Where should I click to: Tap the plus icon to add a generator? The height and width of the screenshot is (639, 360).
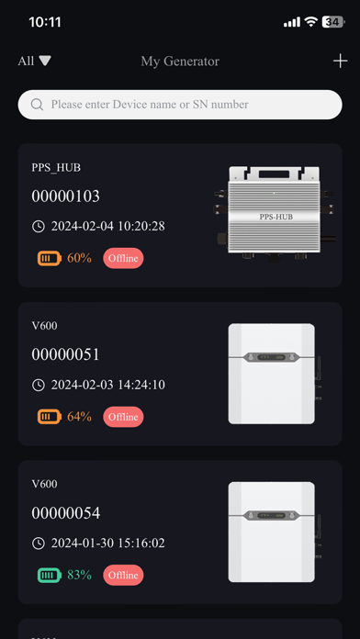tap(340, 62)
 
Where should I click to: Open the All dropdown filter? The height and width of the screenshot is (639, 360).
tap(34, 62)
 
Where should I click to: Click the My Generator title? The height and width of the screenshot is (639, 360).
tap(180, 62)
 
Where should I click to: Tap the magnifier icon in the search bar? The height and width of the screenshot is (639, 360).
tap(37, 105)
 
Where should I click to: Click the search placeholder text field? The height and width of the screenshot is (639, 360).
tap(150, 105)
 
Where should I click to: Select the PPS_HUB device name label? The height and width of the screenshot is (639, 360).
tap(56, 167)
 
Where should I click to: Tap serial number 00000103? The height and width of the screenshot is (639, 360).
tap(65, 196)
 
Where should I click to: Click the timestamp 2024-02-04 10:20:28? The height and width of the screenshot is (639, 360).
tap(107, 226)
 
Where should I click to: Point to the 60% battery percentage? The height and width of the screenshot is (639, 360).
tap(79, 258)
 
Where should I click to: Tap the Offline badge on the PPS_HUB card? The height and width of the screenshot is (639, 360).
tap(123, 258)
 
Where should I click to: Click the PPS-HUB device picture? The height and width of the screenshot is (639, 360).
tap(275, 214)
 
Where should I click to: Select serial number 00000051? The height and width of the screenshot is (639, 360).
tap(65, 354)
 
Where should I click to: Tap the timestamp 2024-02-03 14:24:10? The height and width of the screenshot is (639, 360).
tap(107, 385)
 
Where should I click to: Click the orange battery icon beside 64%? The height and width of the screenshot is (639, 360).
tap(50, 417)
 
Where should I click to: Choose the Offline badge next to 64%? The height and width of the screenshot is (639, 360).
tap(123, 417)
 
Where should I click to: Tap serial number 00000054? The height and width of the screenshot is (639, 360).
tap(65, 513)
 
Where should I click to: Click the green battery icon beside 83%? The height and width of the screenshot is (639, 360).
tap(50, 575)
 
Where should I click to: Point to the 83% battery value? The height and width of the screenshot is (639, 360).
tap(79, 575)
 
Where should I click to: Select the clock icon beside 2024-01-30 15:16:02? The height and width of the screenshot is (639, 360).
tap(39, 544)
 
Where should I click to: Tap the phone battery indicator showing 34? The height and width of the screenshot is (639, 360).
tap(333, 22)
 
